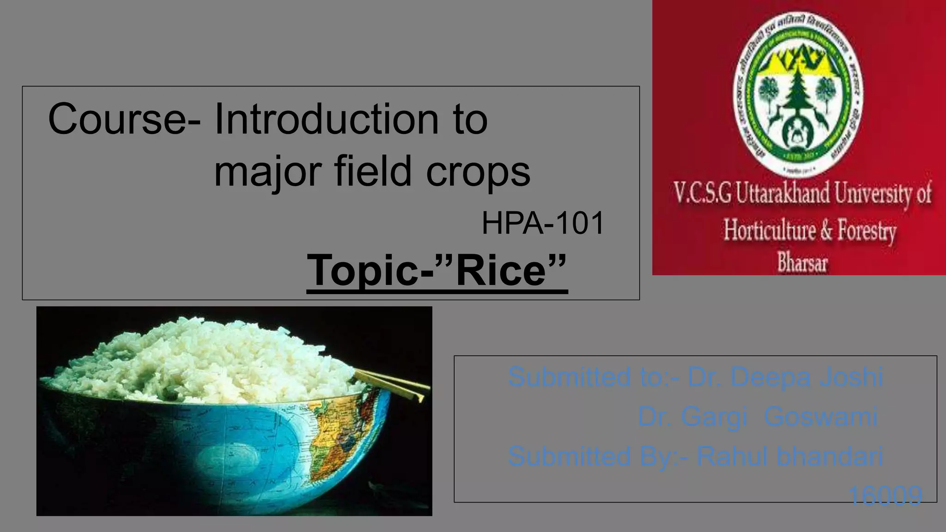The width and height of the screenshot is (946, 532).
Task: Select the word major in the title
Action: [x=267, y=172]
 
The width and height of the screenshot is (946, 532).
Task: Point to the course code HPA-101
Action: [x=543, y=223]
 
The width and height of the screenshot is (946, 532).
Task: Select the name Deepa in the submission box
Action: [x=770, y=377]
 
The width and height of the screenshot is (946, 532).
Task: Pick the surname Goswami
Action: [x=820, y=417]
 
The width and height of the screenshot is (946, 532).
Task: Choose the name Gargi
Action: [x=714, y=417]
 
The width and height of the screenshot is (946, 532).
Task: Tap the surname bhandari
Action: [x=830, y=456]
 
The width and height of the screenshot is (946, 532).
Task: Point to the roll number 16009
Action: [x=885, y=496]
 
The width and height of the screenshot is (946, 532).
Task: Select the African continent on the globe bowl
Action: [x=340, y=434]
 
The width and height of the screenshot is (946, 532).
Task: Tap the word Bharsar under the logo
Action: [x=802, y=262]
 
